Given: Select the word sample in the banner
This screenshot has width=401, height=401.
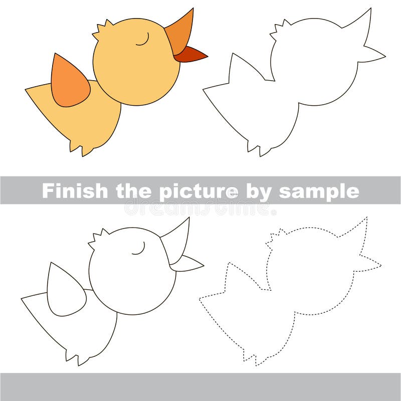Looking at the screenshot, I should click(319, 191).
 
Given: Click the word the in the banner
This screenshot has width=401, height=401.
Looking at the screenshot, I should click(134, 190).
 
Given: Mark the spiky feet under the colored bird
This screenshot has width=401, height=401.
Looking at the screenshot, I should click(80, 147).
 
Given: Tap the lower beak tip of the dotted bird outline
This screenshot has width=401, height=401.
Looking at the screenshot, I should click(378, 265).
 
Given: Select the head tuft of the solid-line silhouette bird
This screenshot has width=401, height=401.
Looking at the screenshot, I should click(280, 28).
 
